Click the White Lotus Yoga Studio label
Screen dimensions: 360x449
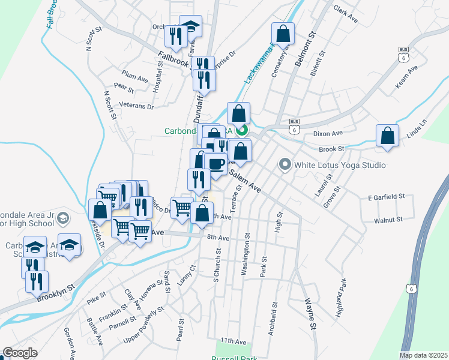(340, 164)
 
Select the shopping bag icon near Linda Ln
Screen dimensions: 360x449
(388, 136)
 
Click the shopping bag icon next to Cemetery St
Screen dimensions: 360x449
(283, 34)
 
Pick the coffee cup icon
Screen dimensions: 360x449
(215, 163)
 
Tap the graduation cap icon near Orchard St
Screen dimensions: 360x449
(191, 26)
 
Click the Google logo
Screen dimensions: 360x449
(20, 353)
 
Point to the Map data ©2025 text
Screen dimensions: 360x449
(423, 355)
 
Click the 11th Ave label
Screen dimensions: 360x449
(233, 341)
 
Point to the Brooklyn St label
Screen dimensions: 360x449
(55, 293)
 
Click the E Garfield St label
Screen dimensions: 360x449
(387, 196)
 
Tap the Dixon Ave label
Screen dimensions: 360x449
(327, 133)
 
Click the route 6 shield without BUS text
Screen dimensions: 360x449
(411, 289)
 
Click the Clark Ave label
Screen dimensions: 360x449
(345, 14)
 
